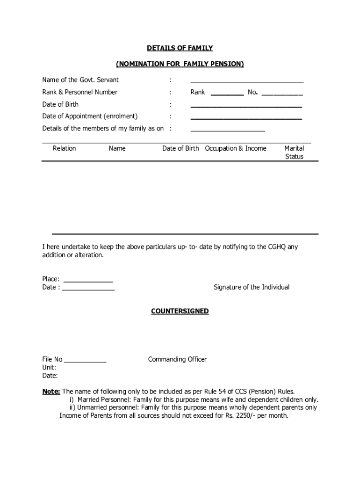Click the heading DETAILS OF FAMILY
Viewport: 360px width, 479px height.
180,48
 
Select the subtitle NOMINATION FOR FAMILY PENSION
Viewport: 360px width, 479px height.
180,64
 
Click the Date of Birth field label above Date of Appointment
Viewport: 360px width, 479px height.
60,104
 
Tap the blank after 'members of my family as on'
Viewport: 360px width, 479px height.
228,130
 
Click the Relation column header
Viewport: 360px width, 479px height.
64,148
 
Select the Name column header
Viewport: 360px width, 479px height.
117,148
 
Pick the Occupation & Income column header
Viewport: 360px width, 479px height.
236,148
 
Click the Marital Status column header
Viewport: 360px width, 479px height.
294,152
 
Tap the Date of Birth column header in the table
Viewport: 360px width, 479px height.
180,148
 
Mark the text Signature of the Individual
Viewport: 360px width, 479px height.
252,287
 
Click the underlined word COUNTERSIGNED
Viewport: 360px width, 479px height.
180,311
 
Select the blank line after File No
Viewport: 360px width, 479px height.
85,361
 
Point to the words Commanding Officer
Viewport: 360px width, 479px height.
177,359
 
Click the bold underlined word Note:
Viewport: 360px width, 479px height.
51,391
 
